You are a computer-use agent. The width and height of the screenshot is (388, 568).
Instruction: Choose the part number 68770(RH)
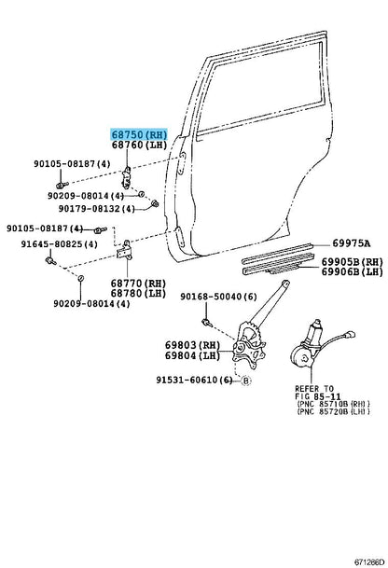click(x=138, y=283)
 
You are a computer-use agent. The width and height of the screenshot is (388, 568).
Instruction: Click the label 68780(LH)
click(x=138, y=294)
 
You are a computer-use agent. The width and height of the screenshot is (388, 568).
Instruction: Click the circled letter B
click(x=246, y=381)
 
